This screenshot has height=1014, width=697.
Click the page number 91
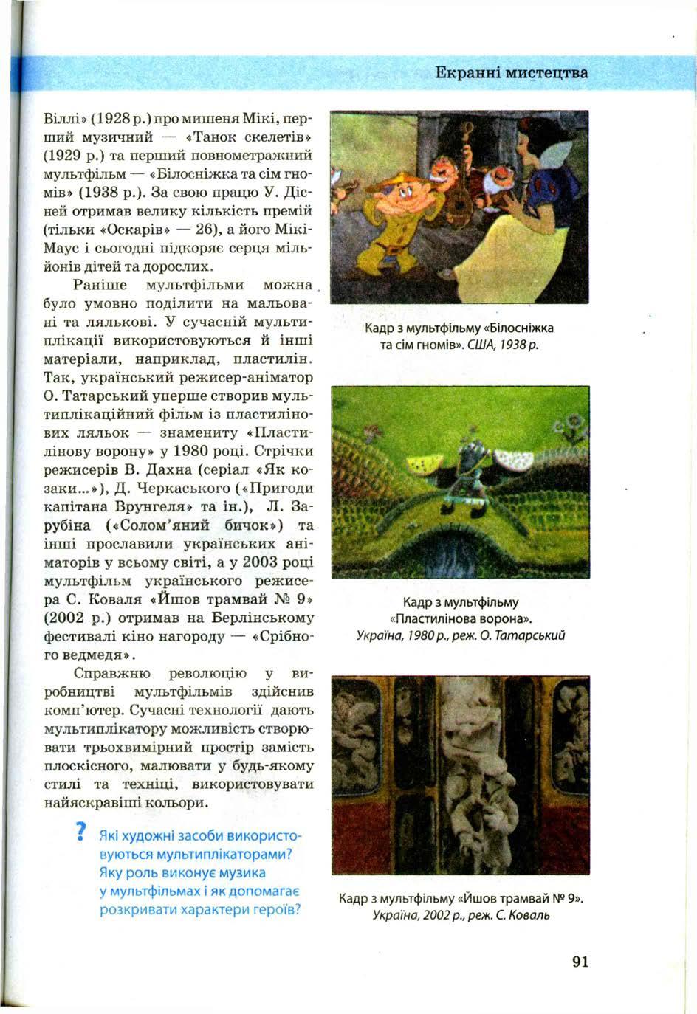point(580,961)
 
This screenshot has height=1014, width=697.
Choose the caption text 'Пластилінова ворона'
point(460,618)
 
